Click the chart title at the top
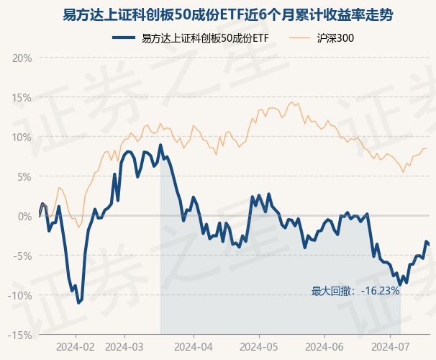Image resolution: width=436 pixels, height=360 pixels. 218,14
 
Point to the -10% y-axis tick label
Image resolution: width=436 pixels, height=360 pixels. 22,295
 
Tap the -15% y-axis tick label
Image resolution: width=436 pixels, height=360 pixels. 22,335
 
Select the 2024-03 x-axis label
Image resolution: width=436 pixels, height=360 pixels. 124,346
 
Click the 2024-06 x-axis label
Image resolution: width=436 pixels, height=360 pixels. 324,346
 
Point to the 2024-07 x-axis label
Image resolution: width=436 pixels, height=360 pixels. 389,346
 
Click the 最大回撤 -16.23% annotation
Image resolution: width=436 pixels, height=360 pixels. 355,291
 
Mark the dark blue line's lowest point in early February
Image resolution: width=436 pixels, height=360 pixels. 78,302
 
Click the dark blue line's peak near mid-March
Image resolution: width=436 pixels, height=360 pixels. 160,145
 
